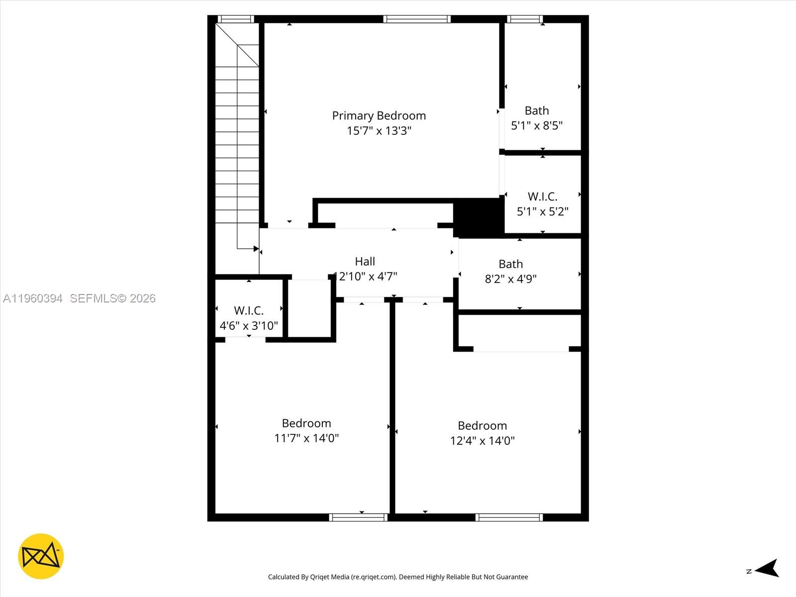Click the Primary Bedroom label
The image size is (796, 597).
coord(379,116)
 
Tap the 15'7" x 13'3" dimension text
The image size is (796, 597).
coord(379,131)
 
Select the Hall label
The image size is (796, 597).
coord(365,261)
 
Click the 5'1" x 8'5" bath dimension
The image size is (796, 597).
coord(536,125)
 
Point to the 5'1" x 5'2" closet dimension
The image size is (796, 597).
coord(542,211)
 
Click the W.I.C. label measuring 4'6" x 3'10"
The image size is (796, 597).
coord(248,310)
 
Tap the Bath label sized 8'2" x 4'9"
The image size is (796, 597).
coord(510,264)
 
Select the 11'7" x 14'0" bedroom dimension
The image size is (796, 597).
coord(306,438)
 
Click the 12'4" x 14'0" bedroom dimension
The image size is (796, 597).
coord(482,440)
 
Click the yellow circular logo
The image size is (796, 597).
coord(41,556)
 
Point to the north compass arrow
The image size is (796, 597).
coord(767,568)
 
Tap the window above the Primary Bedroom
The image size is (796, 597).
coord(417,19)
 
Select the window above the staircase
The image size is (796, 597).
coord(236,19)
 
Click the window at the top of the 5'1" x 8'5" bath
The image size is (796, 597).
coord(525,19)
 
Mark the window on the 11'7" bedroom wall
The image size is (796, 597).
coord(358,517)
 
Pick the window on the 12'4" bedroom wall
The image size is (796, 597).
coord(508,517)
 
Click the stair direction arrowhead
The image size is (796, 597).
coord(256,249)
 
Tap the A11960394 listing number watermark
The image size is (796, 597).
coord(33,298)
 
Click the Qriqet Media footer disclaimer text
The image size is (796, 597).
coord(398,577)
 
